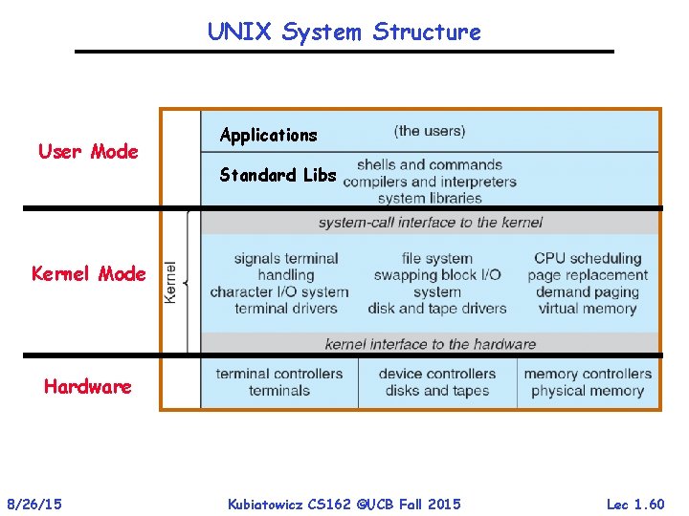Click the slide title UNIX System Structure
(344, 32)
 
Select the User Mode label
(88, 151)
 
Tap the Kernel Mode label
(89, 274)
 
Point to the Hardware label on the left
(88, 387)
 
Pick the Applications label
(268, 135)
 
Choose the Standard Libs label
(278, 175)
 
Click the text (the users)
(430, 131)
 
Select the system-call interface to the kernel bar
(430, 223)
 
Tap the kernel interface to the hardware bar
(430, 344)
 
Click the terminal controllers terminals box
(279, 382)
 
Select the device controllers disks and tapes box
(437, 382)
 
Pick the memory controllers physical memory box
(588, 382)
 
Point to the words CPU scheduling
(588, 258)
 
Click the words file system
(437, 258)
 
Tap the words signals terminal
(286, 258)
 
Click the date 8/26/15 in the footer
(34, 503)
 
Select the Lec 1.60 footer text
(635, 503)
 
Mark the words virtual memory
(588, 309)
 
